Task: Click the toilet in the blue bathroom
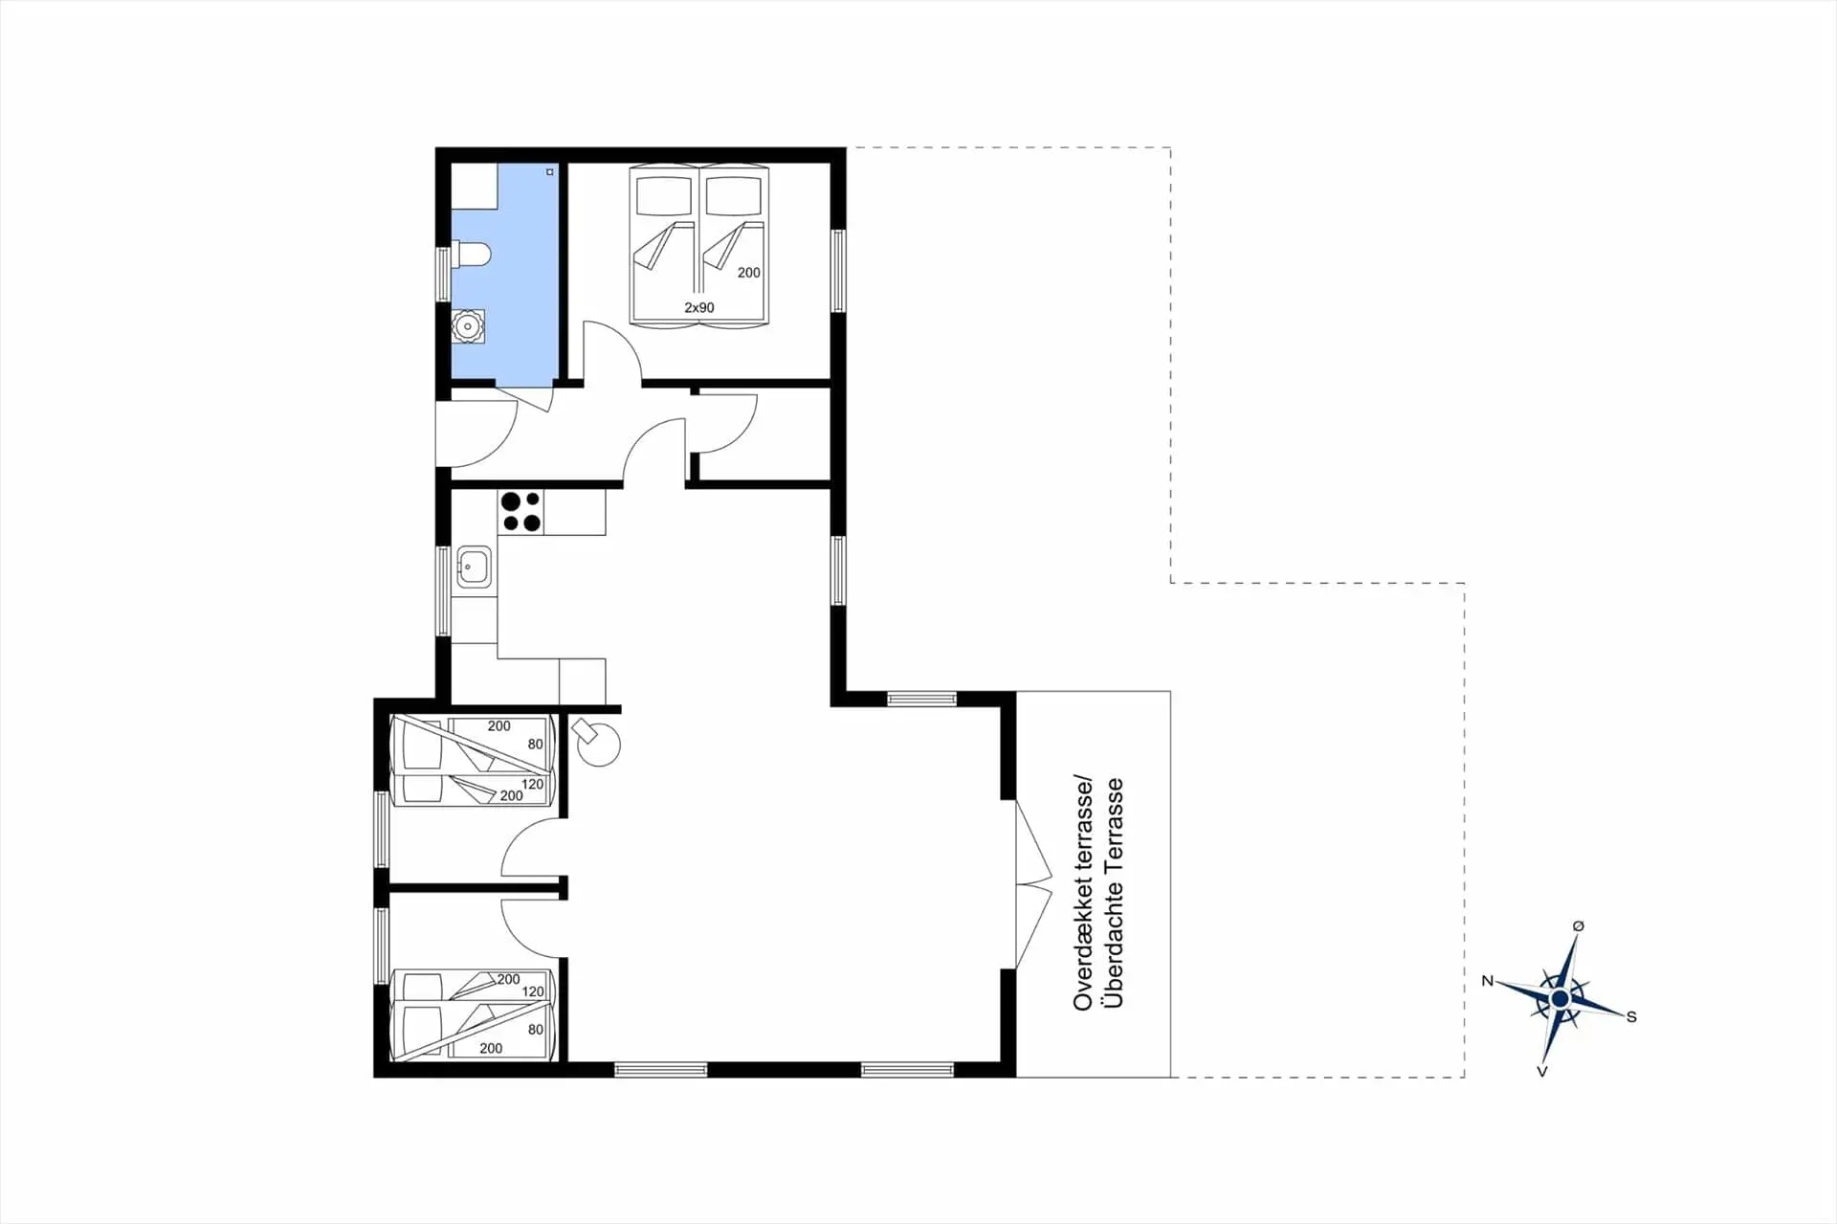471,255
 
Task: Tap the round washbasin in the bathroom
468,326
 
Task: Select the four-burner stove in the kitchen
520,511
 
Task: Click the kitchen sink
474,567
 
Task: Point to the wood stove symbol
598,743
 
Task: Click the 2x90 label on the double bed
698,307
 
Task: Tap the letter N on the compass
1487,981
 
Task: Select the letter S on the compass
1631,1016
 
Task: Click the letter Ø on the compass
1578,925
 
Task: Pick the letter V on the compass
1541,1071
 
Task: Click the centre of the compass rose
1560,999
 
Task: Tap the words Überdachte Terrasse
1113,893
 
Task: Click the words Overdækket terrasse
1083,893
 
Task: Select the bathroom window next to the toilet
442,275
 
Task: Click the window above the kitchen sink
442,590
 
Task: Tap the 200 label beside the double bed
748,273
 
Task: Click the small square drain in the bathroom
550,172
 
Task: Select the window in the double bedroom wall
838,271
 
